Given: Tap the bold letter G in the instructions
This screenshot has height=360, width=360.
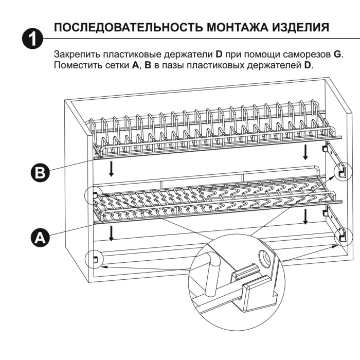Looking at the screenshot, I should (337, 55).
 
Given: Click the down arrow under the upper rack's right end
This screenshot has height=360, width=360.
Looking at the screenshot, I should (305, 151).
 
